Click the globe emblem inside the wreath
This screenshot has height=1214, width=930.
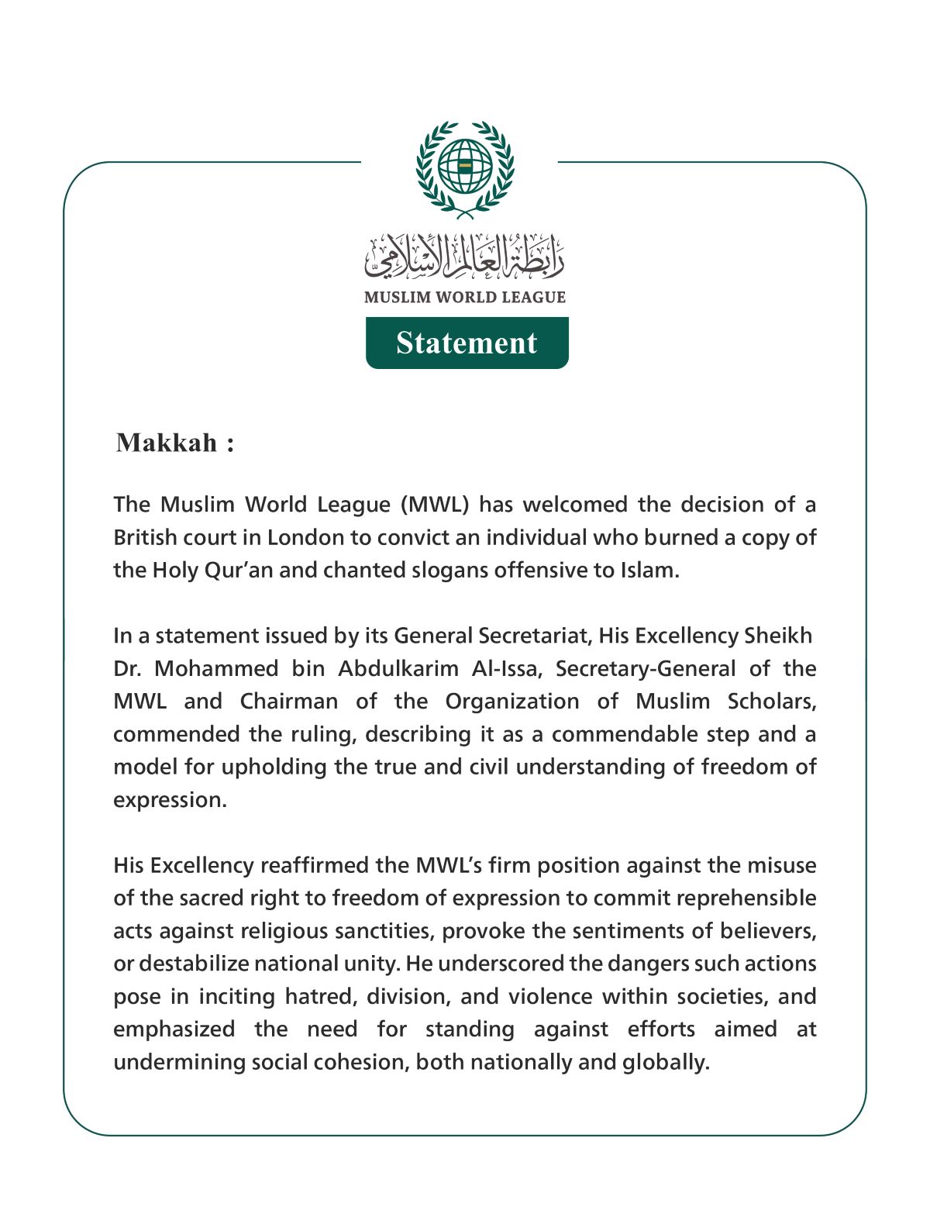[465, 166]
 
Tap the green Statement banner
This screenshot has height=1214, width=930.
[467, 343]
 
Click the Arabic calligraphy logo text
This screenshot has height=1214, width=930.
[465, 257]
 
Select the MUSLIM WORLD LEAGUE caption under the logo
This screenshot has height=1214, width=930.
[465, 297]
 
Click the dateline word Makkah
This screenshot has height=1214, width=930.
[167, 443]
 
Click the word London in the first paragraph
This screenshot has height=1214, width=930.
[306, 537]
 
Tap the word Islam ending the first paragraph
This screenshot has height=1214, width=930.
[649, 571]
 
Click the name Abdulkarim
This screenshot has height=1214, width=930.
[398, 668]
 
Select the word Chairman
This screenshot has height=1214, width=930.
[288, 702]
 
